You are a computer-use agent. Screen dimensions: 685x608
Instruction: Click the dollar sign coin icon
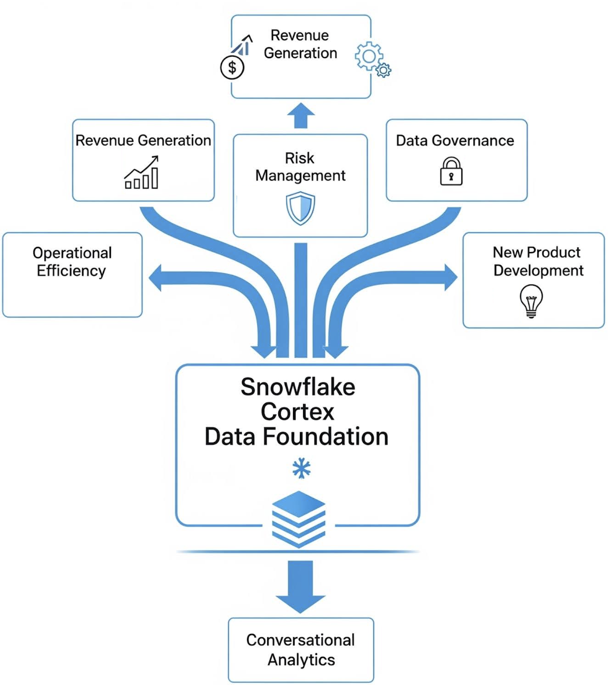tap(232, 67)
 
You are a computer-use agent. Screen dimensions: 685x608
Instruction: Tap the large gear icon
tap(368, 56)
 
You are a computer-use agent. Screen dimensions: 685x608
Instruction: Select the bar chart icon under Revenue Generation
tap(142, 173)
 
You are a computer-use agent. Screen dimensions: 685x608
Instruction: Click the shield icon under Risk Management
tap(300, 208)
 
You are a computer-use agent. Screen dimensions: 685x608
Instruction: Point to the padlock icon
tap(451, 171)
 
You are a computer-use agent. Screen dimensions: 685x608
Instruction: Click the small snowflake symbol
tap(301, 468)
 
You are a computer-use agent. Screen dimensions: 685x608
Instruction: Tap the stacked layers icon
tap(299, 519)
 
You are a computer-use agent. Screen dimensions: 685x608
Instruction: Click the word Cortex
tap(297, 412)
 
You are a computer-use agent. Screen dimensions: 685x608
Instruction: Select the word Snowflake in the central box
tap(298, 387)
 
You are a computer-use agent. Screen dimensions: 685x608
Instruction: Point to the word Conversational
tap(300, 640)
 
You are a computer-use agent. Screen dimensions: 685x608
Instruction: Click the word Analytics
tap(301, 659)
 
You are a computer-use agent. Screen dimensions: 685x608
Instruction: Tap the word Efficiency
tap(71, 271)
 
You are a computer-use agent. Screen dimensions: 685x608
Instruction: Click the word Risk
tap(299, 158)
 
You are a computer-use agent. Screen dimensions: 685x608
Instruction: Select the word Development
tap(538, 271)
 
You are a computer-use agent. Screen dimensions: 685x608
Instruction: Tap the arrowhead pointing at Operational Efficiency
tap(155, 278)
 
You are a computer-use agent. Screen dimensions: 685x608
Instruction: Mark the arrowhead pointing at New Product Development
tap(451, 277)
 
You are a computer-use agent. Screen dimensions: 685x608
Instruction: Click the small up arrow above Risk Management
tap(301, 115)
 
